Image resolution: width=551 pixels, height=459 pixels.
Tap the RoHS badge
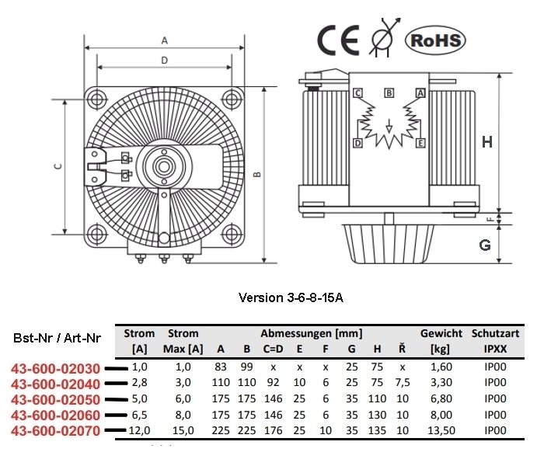435,40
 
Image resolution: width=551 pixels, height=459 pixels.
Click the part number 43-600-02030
55,369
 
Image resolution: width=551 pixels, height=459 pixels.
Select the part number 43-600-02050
55,399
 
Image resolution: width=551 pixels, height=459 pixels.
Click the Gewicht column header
441,333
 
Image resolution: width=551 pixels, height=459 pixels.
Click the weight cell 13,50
441,429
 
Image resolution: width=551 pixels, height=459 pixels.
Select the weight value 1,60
441,367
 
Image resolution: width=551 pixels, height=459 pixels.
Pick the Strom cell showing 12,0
140,429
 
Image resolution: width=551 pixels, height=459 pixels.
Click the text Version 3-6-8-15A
291,297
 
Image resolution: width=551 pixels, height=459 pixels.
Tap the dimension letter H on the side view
487,141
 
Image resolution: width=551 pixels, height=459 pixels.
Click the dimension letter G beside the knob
485,245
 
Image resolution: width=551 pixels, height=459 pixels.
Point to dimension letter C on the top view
58,165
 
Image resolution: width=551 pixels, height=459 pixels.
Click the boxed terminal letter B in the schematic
389,92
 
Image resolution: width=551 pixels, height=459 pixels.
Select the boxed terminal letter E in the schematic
420,144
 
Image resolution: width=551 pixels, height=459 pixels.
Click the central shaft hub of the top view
164,165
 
